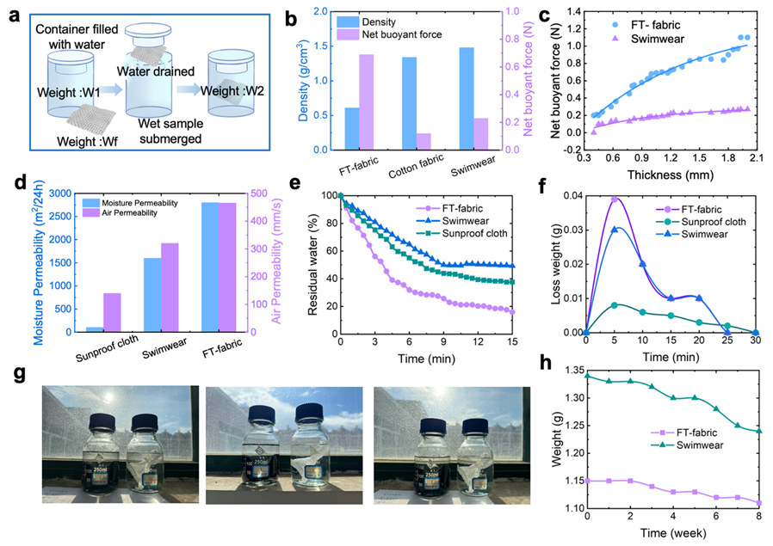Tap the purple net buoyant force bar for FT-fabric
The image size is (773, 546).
(x=367, y=101)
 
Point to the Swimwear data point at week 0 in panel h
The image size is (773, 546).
(x=587, y=375)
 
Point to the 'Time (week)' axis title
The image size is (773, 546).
(x=671, y=534)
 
